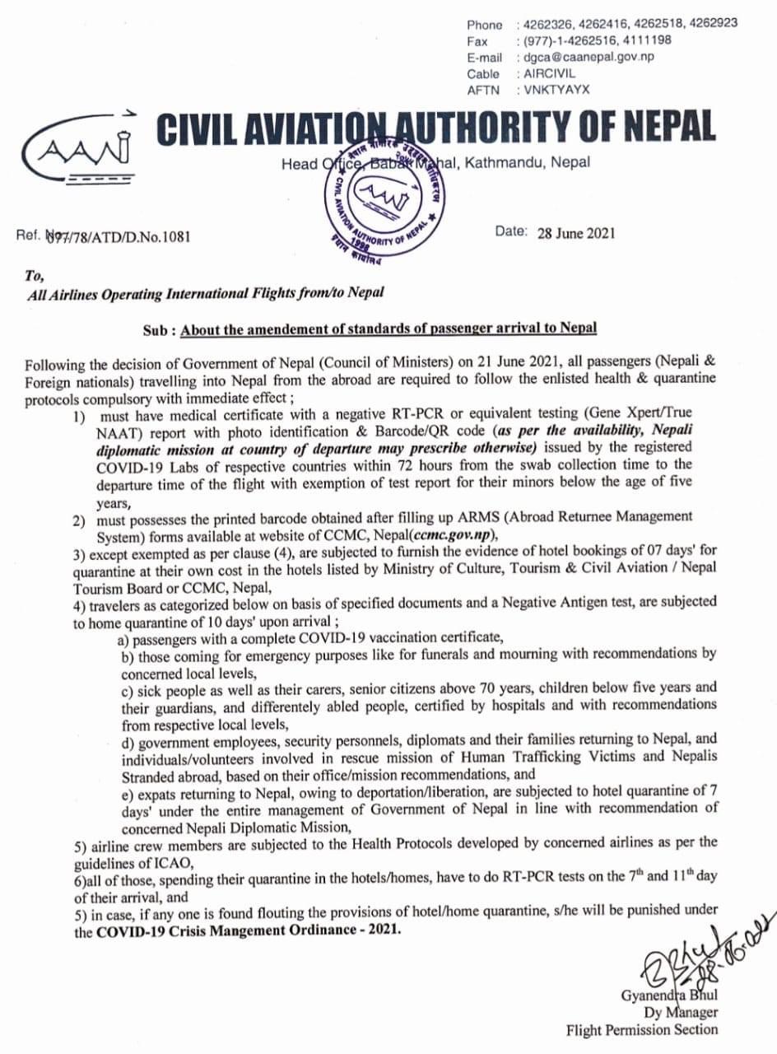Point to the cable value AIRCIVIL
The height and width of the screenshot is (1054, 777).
[551, 74]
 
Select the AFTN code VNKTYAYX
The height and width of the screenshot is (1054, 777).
[553, 90]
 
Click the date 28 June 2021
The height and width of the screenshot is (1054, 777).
[575, 233]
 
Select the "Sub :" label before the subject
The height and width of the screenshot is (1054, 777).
[159, 329]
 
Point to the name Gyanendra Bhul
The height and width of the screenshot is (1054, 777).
[669, 996]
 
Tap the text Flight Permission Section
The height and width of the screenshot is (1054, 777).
[641, 1029]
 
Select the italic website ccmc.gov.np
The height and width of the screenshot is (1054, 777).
[458, 532]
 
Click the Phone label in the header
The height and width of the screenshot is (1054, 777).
[485, 25]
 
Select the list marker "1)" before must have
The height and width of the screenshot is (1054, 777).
[79, 417]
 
